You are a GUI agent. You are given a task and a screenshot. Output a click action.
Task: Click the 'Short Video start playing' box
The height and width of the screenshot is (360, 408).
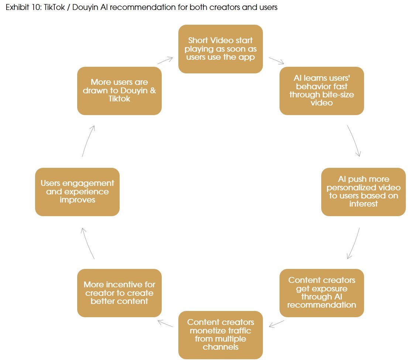[x=220, y=49]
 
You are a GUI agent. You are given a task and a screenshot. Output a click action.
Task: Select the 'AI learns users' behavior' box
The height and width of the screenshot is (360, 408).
[x=322, y=91]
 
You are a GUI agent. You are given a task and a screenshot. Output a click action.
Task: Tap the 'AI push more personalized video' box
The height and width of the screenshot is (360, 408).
[x=364, y=192]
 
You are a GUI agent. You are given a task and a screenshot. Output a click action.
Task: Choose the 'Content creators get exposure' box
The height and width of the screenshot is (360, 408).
[x=322, y=293]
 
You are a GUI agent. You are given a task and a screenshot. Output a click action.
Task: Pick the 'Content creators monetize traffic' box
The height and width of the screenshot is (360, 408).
[x=220, y=335]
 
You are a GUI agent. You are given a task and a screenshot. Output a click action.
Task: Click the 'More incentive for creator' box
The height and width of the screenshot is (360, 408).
[x=119, y=293]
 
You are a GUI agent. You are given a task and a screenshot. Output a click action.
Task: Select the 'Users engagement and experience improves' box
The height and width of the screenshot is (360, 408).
[x=77, y=192]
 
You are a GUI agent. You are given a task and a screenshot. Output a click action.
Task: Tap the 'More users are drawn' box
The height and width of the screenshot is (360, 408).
[x=119, y=91]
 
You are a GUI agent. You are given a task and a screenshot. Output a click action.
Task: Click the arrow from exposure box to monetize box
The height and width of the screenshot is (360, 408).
[x=276, y=323]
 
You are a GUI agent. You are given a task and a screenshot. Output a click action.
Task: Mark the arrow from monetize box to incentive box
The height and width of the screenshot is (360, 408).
[x=165, y=323]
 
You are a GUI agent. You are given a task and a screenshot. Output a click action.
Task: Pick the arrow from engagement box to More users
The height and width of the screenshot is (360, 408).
[x=88, y=141]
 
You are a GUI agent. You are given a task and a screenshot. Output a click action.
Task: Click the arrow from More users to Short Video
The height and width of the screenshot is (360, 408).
[x=165, y=60]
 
